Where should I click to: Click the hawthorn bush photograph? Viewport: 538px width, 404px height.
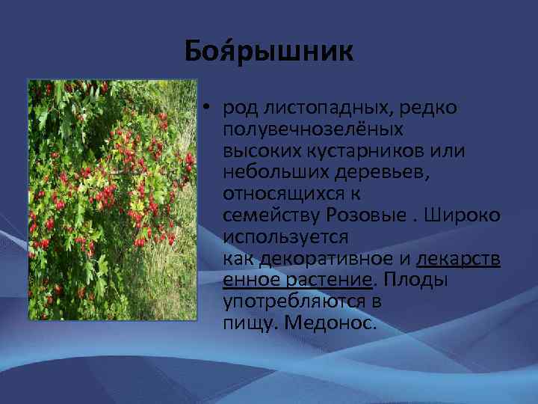(111, 200)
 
